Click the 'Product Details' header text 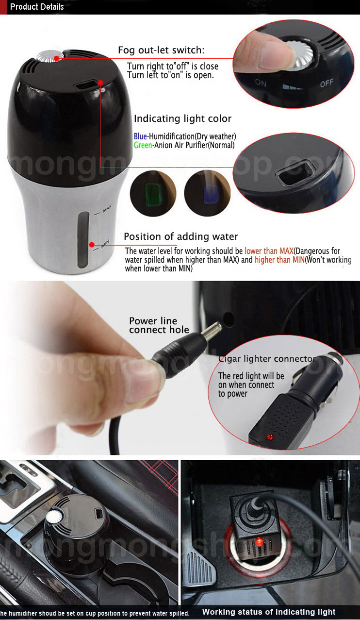[37, 7]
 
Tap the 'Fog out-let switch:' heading [161, 50]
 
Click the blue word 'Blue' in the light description [140, 136]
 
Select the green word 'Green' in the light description [143, 145]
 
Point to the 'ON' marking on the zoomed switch [261, 83]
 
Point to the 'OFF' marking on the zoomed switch [327, 83]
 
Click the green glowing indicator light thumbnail [153, 193]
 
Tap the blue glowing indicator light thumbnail [207, 193]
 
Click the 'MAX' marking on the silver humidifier [107, 208]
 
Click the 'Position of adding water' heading [181, 236]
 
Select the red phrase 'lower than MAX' [269, 251]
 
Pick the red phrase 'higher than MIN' [279, 260]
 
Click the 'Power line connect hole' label [159, 325]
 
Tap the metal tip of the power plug [213, 329]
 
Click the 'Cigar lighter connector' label [267, 359]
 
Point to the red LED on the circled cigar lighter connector [270, 437]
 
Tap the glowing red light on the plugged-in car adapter [259, 542]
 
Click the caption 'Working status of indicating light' [269, 611]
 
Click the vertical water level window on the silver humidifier [83, 240]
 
